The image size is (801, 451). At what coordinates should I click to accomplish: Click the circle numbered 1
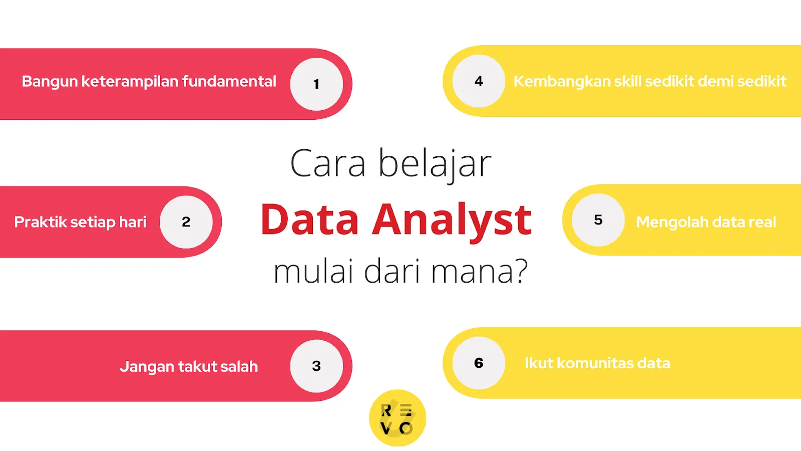point(316,84)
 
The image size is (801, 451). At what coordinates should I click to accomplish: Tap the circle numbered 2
point(186,221)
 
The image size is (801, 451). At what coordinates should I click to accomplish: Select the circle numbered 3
point(316,366)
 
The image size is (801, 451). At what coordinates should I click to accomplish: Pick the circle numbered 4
point(479,81)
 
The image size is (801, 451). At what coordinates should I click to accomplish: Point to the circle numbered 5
point(598,220)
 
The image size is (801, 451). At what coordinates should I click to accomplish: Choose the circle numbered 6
point(479,363)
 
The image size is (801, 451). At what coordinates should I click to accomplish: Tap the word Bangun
point(50,82)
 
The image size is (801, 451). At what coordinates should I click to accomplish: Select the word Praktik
point(40,222)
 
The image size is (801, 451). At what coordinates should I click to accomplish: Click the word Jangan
point(146,367)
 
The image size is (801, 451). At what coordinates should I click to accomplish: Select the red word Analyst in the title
point(452,220)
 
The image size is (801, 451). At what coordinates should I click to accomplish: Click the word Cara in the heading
point(328,164)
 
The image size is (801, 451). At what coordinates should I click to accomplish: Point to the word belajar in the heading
point(435,164)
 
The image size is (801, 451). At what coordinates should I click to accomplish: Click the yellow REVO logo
point(397,418)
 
